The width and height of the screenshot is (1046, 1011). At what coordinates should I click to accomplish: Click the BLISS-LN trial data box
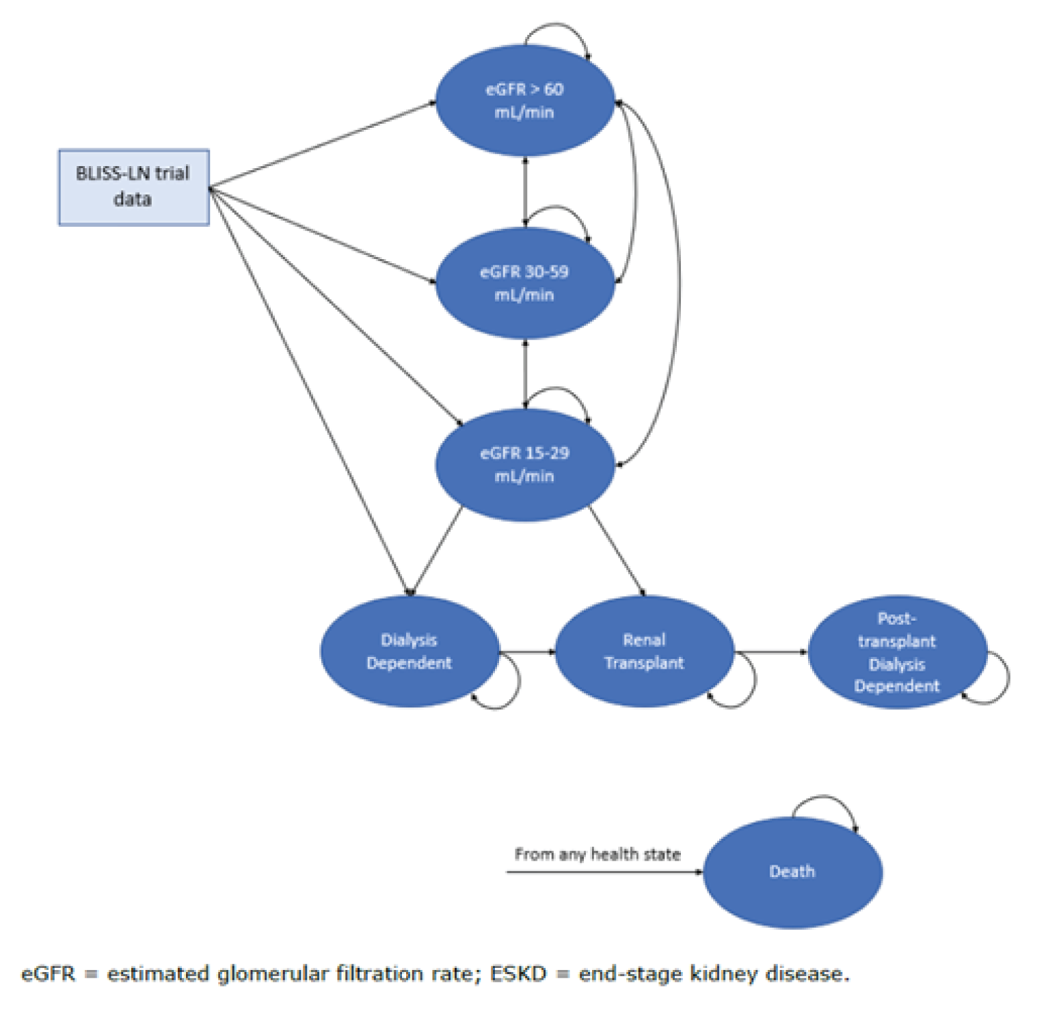click(x=133, y=187)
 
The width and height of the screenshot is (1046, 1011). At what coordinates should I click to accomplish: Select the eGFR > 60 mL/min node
click(x=524, y=100)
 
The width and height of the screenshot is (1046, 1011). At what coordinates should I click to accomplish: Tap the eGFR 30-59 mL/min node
click(x=524, y=283)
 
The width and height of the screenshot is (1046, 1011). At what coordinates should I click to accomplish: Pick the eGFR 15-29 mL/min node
click(x=524, y=465)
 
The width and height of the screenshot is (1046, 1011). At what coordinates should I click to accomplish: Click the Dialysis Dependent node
click(x=409, y=651)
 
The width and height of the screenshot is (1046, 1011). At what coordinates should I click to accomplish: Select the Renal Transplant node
click(x=644, y=651)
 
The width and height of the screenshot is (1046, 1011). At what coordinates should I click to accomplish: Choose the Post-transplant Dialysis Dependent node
click(x=897, y=651)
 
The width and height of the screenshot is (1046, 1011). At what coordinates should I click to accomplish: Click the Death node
click(x=792, y=872)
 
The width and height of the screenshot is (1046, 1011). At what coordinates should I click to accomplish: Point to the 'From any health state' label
click(x=597, y=854)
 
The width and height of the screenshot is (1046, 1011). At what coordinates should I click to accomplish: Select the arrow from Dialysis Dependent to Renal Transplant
click(x=527, y=651)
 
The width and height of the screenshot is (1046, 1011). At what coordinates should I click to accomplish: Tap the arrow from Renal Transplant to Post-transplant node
click(x=771, y=651)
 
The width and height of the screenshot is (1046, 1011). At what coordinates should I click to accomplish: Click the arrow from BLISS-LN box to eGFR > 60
click(x=321, y=145)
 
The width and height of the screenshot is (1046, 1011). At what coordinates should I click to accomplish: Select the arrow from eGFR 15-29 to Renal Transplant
click(x=616, y=551)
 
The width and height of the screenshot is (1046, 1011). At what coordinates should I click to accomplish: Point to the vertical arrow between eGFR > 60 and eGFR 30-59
click(x=525, y=191)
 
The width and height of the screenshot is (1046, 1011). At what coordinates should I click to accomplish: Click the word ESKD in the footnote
click(x=518, y=973)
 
